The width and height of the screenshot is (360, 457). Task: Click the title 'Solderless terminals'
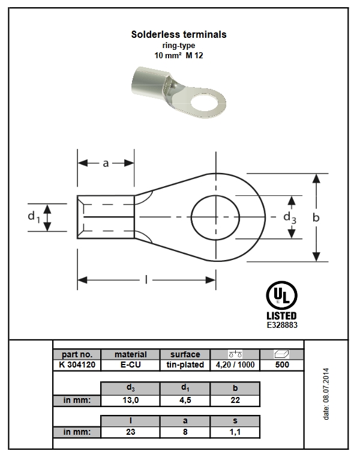(179, 35)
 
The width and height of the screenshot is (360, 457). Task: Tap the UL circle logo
(281, 296)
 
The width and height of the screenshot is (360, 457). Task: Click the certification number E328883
(281, 324)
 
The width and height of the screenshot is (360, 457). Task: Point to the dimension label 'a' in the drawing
(106, 163)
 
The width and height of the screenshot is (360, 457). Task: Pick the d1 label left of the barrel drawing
(34, 217)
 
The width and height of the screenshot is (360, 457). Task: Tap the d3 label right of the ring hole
(290, 217)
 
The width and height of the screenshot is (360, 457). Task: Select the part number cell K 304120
(76, 365)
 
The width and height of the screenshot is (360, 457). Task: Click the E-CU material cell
(130, 365)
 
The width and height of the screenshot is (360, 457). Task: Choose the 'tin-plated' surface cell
(185, 365)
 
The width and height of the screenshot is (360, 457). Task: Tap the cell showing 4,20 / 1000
(235, 365)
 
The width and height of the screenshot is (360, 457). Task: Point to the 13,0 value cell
(130, 400)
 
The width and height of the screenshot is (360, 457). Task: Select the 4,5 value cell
(185, 400)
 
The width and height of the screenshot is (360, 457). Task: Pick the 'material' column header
(130, 354)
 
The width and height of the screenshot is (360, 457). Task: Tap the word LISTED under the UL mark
(281, 315)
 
